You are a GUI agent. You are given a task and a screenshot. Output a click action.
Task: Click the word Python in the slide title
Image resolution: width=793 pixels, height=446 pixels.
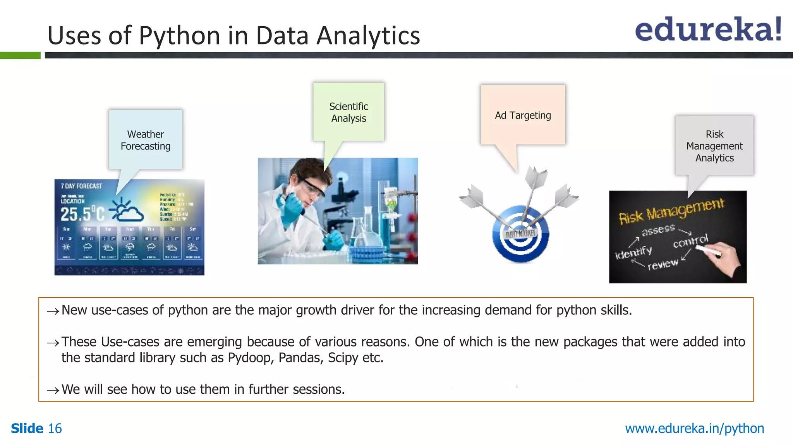point(180,36)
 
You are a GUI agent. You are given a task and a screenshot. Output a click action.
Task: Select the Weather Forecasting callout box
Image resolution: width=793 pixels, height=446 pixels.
point(146,140)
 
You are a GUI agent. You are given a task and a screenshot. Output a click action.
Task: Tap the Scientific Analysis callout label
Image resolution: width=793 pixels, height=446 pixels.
point(348,112)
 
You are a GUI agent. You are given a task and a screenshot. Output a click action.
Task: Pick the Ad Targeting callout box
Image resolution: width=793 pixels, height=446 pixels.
point(523,115)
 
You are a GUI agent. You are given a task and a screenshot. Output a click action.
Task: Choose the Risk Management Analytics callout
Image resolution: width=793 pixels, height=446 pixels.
point(714,146)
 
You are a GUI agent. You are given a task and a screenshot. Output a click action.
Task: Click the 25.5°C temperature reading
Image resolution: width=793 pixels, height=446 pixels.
point(82,214)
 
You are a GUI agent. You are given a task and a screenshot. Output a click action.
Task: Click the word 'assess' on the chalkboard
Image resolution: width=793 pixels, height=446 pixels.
point(658,230)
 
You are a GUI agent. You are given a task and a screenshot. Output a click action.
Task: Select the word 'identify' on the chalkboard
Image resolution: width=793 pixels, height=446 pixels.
point(633,252)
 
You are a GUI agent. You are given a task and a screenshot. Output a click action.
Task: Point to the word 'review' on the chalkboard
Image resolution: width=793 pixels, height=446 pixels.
point(663,264)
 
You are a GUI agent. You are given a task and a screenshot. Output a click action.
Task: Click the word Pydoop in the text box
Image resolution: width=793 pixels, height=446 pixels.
point(251,358)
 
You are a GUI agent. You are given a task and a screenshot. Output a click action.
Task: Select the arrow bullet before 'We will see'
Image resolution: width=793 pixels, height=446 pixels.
point(53,390)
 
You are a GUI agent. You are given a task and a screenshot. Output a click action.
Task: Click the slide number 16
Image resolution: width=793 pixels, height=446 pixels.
point(55,429)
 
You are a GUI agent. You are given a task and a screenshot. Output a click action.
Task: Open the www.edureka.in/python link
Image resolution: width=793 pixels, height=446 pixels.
point(694,429)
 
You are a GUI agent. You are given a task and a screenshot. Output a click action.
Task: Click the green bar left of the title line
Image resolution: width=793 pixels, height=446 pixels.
point(20,55)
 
